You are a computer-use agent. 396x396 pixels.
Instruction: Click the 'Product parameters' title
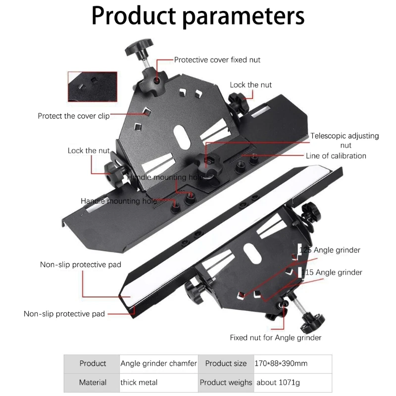point(198,16)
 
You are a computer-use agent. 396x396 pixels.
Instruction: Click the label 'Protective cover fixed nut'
point(217,60)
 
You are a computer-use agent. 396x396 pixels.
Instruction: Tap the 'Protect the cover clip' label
point(74,116)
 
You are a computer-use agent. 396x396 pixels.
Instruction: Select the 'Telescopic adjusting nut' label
point(345,140)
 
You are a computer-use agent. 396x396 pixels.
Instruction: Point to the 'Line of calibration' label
point(336,156)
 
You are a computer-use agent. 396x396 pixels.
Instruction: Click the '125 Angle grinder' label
point(330,250)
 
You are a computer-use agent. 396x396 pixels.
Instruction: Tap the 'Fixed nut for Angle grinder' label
point(276,338)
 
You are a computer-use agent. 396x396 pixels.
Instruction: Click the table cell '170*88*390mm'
point(281,363)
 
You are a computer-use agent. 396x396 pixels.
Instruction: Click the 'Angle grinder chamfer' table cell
point(159,363)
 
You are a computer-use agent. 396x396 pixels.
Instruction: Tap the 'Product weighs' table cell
point(226,382)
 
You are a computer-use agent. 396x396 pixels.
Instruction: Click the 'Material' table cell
point(93,382)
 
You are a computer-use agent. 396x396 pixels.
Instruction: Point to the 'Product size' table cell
point(226,363)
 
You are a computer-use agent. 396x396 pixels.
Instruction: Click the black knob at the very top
point(136,49)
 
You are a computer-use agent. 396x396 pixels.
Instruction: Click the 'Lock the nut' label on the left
point(89,150)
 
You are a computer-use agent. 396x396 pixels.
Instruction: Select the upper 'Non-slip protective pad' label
point(81,264)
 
